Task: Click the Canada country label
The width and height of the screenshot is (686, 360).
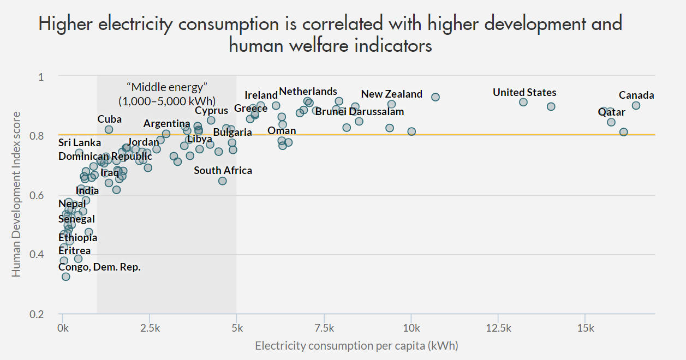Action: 636,95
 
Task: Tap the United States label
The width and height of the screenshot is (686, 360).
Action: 524,93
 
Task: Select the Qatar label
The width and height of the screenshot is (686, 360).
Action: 611,112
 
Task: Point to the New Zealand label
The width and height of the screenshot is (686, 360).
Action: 391,94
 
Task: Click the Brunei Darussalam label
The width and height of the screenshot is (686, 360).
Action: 360,112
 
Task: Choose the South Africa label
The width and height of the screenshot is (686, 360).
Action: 223,171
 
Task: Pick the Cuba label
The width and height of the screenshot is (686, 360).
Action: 109,119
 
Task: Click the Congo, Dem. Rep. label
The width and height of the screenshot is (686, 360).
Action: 99,267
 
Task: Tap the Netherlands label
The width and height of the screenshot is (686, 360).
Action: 308,92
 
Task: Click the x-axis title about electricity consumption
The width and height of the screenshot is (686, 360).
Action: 356,346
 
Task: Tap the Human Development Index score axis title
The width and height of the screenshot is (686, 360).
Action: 16,194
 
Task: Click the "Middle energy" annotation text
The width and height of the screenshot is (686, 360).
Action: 167,87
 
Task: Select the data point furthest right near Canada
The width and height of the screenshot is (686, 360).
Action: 636,105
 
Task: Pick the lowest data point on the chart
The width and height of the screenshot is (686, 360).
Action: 65,277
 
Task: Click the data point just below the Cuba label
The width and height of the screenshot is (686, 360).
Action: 109,129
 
